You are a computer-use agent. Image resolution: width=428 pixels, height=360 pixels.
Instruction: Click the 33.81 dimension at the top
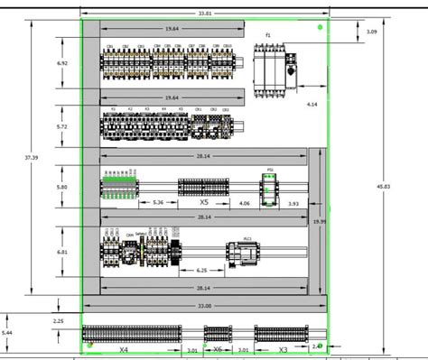point(205,14)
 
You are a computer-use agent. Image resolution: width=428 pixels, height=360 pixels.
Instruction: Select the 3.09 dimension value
point(372,32)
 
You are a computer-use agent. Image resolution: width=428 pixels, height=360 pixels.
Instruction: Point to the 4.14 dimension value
point(312,106)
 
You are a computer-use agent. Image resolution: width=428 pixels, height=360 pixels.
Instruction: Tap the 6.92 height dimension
point(62,63)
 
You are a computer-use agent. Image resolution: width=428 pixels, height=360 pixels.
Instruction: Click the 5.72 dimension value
point(62,127)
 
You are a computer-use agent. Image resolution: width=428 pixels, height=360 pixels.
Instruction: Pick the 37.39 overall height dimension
point(32,158)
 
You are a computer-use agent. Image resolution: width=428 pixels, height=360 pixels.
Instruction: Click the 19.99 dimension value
point(319,220)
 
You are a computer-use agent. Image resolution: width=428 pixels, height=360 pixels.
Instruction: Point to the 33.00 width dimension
point(205,307)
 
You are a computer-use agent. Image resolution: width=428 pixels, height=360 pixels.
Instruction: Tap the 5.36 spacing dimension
point(158,203)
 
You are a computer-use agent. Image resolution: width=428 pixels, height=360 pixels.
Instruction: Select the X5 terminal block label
point(204,203)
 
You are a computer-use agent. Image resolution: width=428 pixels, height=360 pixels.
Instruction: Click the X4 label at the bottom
point(124,348)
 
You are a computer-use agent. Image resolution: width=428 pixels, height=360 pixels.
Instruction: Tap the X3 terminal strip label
point(283,348)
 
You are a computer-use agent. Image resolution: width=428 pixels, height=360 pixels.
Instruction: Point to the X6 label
point(217,348)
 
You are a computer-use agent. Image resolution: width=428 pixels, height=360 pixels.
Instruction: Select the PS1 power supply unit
point(269,189)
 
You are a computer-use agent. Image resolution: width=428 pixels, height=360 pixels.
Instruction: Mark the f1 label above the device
point(268,34)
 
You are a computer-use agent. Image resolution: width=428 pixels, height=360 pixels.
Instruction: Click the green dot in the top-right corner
point(320,27)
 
